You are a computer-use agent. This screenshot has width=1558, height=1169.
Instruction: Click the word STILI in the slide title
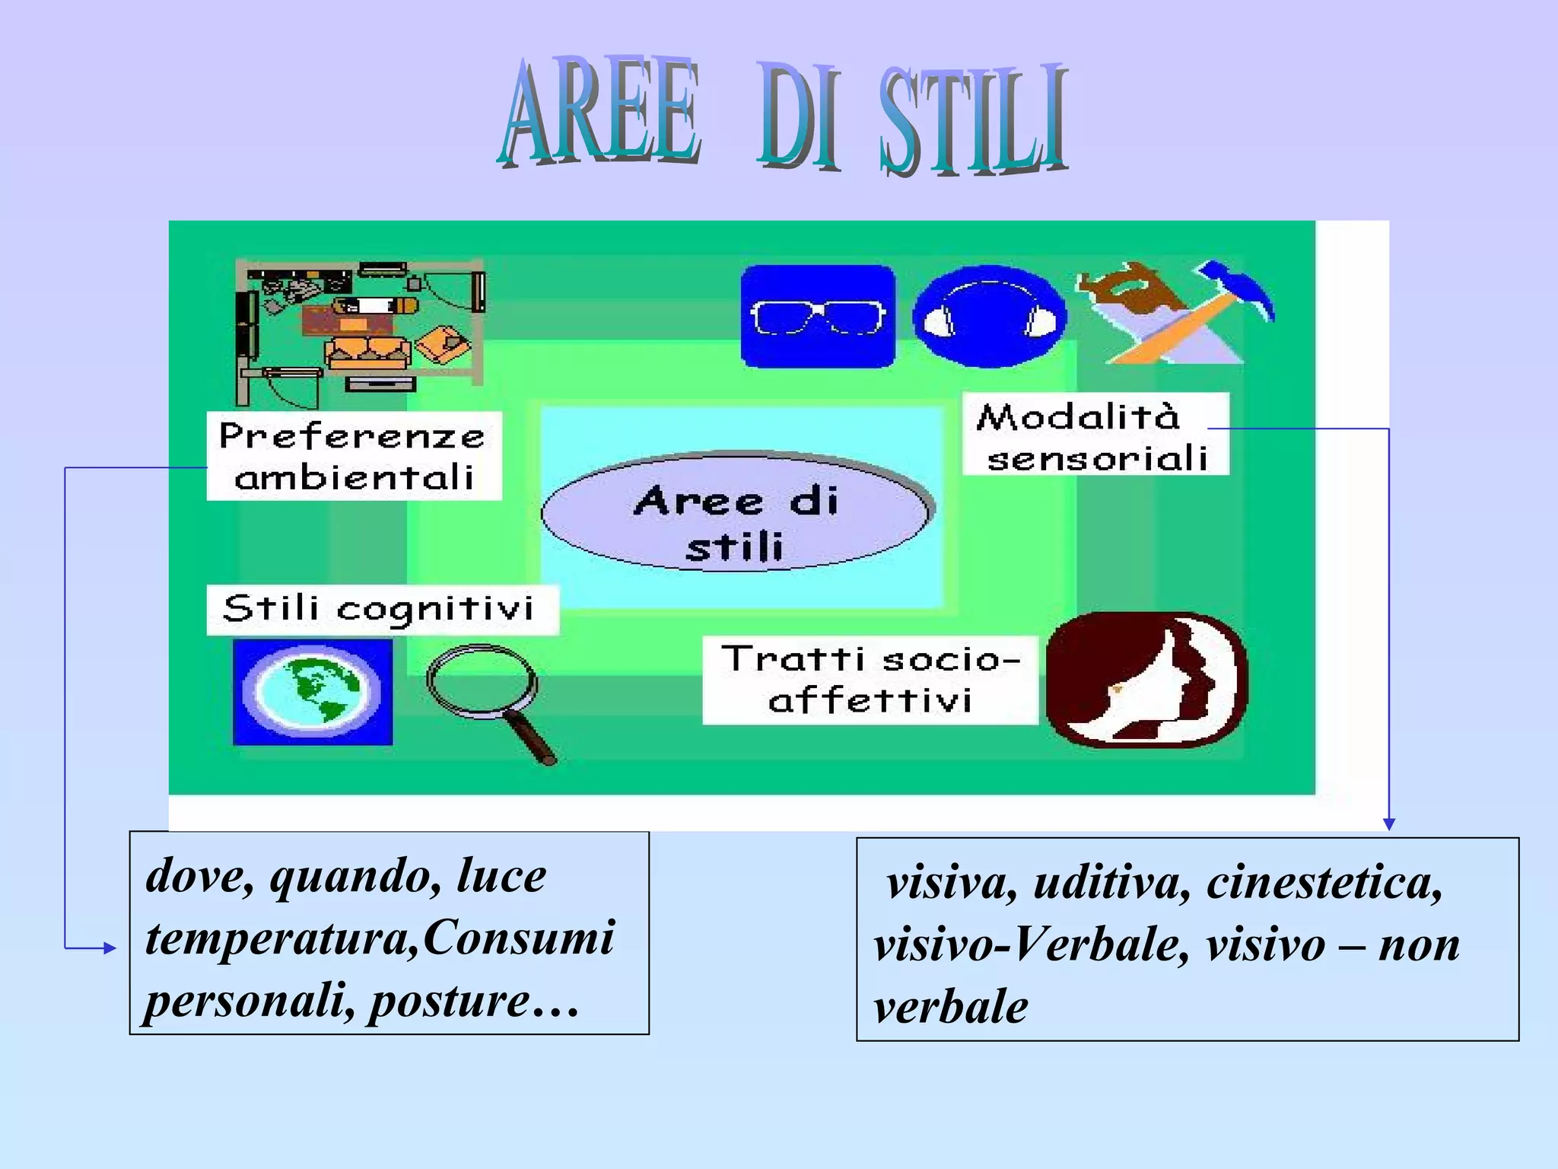coord(974,122)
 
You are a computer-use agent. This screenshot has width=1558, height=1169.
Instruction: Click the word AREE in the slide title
coord(599,114)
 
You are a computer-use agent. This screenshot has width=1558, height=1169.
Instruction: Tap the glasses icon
coord(818,316)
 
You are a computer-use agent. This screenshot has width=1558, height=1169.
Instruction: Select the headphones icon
coord(989,316)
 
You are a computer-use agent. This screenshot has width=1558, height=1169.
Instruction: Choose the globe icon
coord(313,691)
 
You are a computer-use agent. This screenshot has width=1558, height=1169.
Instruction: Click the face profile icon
coord(1146,680)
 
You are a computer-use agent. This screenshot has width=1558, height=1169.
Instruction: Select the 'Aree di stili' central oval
coord(736,511)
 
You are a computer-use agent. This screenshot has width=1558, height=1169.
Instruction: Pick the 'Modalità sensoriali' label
coord(1095,435)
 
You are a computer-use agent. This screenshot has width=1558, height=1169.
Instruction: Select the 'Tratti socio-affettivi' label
coord(870,680)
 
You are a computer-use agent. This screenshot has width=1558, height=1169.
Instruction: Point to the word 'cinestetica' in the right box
coord(1324,884)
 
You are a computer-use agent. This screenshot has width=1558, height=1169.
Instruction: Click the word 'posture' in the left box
coord(449,1002)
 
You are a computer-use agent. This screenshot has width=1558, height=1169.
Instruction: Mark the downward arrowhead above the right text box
coord(1388,823)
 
